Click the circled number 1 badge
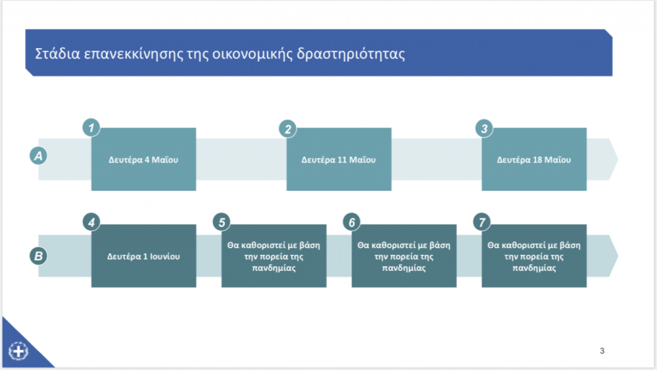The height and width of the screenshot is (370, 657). [91, 128]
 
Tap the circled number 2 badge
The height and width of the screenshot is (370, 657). [288, 128]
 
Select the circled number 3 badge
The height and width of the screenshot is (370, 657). [484, 128]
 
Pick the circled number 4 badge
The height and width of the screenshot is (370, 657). [91, 222]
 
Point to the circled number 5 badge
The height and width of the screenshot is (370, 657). [221, 222]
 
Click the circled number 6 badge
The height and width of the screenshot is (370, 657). [352, 222]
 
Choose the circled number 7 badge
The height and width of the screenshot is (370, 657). [482, 222]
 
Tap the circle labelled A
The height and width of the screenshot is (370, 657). [38, 155]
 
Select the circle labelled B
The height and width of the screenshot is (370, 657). [38, 256]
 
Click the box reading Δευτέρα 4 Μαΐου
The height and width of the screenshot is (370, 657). [144, 159]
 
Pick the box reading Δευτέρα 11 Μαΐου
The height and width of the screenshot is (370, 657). [339, 159]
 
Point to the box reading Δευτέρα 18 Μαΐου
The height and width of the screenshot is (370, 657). [534, 159]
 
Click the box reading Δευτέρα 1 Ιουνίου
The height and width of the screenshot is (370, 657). [144, 256]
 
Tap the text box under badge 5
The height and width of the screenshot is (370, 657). [274, 256]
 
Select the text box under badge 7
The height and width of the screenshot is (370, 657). [534, 256]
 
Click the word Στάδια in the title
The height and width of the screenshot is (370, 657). [57, 54]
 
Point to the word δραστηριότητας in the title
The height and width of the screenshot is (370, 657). [351, 54]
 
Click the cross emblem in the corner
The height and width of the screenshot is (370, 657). [19, 351]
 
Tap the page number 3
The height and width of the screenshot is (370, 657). [602, 351]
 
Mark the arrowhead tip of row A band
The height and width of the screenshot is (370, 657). [618, 159]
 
